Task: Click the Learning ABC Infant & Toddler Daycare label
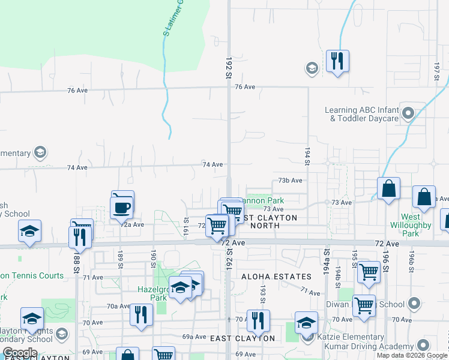point(361,114)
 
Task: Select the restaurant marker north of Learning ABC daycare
point(337,61)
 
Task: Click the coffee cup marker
point(122,208)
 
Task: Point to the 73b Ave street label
point(290,180)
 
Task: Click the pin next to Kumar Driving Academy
point(423,346)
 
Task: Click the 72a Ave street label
point(133,224)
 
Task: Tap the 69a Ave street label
point(194,337)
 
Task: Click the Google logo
point(20,353)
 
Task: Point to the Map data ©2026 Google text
point(412,355)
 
